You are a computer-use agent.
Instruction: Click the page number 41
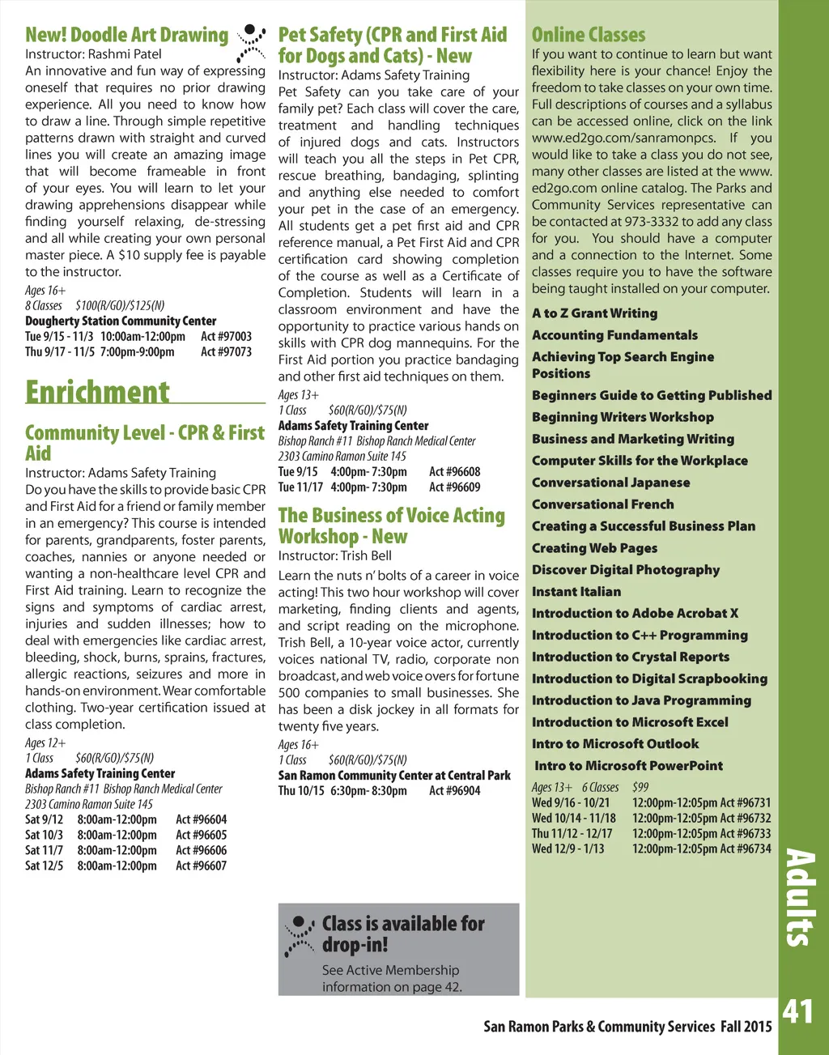797,1011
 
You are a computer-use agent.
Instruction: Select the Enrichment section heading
98,392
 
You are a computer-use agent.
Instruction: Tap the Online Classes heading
589,35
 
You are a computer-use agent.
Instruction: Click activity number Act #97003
226,336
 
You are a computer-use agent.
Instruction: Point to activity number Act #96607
201,866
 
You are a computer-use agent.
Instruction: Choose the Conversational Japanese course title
610,483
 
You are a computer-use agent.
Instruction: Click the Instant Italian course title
576,592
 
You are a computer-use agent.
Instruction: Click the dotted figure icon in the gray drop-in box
300,936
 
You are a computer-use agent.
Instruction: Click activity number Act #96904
454,791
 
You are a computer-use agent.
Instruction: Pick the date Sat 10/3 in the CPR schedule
44,835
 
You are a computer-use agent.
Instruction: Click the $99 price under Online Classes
640,787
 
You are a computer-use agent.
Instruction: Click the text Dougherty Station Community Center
121,321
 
